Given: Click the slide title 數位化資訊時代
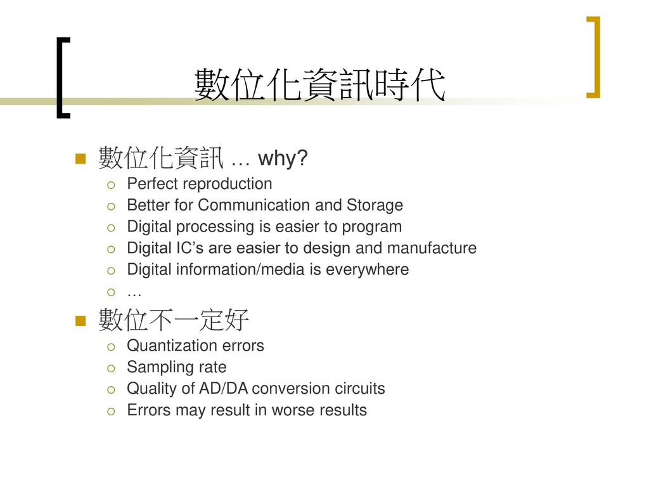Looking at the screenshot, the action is pyautogui.click(x=319, y=85).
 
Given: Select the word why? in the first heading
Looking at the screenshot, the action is pyautogui.click(x=283, y=158).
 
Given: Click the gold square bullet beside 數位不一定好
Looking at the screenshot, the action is pyautogui.click(x=80, y=320).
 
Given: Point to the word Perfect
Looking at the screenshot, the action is pyautogui.click(x=152, y=183).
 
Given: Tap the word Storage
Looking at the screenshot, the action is pyautogui.click(x=375, y=205).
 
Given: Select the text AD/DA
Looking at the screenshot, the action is pyautogui.click(x=223, y=389).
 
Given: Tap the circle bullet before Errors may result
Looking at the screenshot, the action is pyautogui.click(x=111, y=411).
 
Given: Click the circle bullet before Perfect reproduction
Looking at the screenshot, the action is pyautogui.click(x=111, y=185).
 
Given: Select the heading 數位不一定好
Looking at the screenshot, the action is pyautogui.click(x=174, y=320).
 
